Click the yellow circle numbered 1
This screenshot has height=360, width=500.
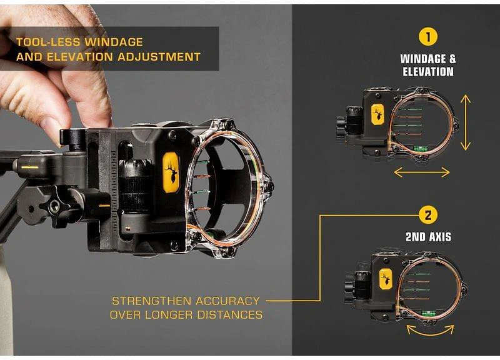428,36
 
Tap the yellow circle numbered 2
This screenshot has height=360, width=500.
428,216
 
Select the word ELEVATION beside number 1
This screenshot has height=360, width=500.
428,72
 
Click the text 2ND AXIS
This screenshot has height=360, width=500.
428,237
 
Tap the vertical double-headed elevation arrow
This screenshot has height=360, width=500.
465,122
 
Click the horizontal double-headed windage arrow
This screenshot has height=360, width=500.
421,172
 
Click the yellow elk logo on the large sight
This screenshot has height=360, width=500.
171,171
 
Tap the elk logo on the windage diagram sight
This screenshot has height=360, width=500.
377,114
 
